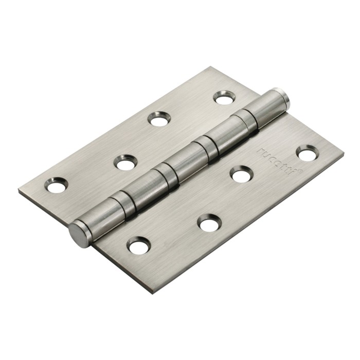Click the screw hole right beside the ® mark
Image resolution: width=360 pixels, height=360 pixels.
(307, 153)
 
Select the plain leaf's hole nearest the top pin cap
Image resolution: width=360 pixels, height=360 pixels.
(224, 97)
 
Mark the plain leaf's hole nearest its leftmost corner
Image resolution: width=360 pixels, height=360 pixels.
(57, 185)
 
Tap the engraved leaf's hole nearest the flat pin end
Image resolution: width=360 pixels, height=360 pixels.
(139, 245)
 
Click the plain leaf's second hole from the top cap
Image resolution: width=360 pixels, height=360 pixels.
(159, 119)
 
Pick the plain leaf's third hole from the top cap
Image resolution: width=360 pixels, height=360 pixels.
(125, 163)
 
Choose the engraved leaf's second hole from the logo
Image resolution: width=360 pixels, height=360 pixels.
(241, 174)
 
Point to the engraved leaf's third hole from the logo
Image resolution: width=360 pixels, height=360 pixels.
(210, 222)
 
